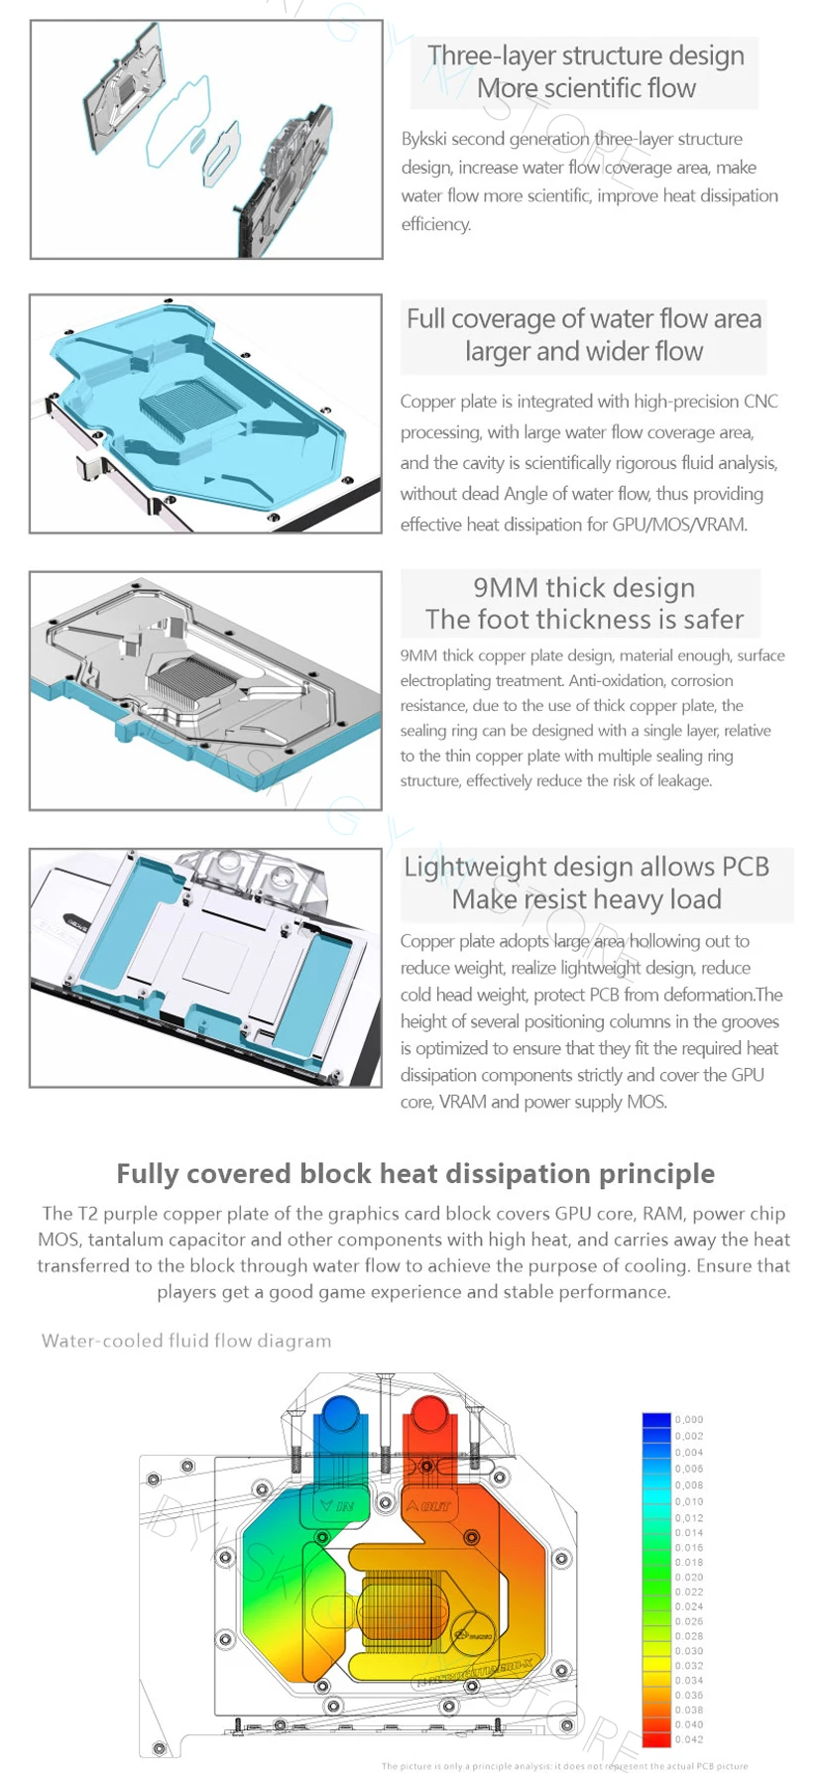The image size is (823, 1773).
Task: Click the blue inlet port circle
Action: (340, 1412)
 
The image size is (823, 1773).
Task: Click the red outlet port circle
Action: (428, 1412)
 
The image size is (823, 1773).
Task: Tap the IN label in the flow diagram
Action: (336, 1506)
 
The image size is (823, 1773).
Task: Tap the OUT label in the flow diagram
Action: (429, 1506)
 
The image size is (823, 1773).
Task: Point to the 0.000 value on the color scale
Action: (689, 1420)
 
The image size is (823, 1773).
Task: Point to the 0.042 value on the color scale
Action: (689, 1739)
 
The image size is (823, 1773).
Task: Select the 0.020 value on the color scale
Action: (689, 1577)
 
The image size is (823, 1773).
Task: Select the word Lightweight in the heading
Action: (475, 867)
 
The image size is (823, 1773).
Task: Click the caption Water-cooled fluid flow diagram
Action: (186, 1341)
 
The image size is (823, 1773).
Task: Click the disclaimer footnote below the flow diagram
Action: (564, 1765)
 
